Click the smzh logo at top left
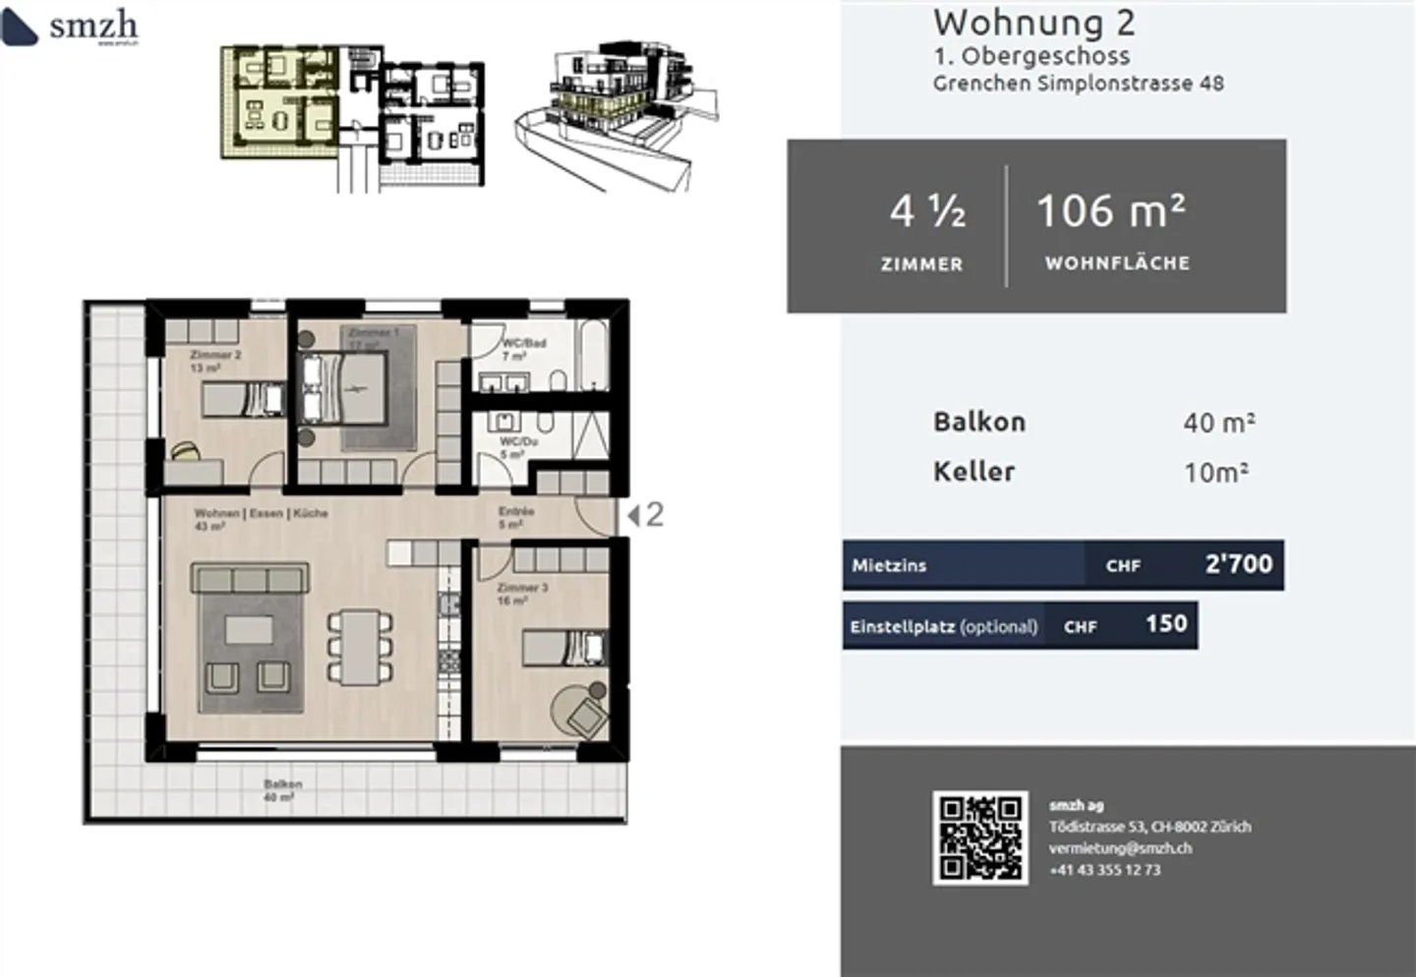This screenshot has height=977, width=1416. point(71,27)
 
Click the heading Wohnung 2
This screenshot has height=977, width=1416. point(1033,22)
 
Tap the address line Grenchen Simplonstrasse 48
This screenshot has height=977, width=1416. point(1078,84)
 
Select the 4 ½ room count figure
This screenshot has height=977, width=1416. point(926,211)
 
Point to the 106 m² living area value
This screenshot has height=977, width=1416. point(1111,211)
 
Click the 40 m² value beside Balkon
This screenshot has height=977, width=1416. point(1218,423)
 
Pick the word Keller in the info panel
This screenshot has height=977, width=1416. point(973,472)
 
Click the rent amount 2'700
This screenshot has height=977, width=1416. point(1238,564)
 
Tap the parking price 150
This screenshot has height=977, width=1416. point(1165,624)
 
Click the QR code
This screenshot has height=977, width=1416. point(980,837)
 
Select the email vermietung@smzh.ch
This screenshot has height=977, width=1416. point(1120,848)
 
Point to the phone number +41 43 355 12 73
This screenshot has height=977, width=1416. point(1104,870)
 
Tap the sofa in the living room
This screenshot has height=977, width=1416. point(250,578)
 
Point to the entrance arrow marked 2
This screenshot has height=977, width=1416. point(646,514)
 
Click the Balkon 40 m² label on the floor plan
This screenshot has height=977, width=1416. point(282,790)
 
